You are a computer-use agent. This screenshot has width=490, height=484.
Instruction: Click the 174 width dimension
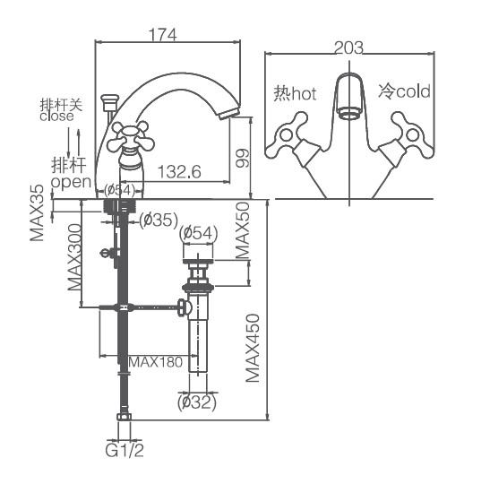coord(162,34)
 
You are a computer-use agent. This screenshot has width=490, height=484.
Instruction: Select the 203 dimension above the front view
coord(348,48)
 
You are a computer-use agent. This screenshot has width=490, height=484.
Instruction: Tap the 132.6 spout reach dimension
coord(179,172)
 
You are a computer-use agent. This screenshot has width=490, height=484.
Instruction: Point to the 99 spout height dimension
coord(243,159)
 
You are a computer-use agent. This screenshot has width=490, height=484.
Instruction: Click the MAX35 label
coord(37,213)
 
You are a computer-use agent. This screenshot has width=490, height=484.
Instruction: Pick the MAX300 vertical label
coord(74,257)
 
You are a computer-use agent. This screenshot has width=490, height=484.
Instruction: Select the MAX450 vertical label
coord(253,348)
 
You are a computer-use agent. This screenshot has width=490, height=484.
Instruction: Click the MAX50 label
coord(243,230)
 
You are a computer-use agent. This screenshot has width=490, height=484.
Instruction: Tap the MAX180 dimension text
coord(155,362)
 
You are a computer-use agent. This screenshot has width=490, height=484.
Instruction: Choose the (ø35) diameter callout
coord(159,220)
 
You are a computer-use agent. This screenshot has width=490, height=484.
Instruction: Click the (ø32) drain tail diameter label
coord(197,402)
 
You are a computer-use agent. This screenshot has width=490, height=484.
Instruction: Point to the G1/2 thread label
coord(125,451)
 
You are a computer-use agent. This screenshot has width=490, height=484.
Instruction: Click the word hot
coord(304,93)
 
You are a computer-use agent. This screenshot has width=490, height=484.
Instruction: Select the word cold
coord(413,91)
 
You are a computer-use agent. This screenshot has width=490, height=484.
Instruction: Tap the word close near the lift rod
coord(56,117)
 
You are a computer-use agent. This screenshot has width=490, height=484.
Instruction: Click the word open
coord(71,182)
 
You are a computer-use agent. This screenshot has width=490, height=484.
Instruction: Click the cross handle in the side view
coord(130,136)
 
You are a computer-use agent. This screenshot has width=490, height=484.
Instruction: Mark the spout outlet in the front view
coord(349,113)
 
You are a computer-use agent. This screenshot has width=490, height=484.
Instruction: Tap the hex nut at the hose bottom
coord(124,417)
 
